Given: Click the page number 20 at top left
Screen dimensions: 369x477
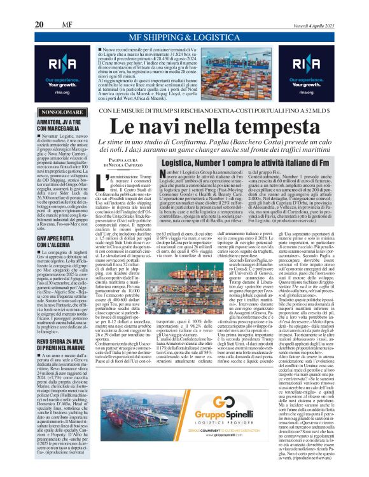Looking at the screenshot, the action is pos(39,7).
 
